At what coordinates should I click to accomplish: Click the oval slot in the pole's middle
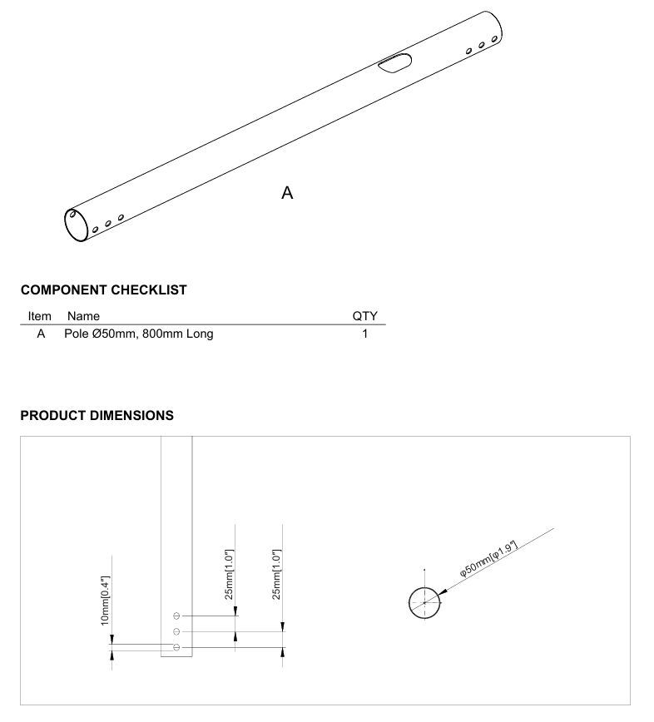394,62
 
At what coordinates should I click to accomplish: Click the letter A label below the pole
287,193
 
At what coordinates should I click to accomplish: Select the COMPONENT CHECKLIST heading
104,290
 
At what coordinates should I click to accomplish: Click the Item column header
40,316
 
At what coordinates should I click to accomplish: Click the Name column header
83,316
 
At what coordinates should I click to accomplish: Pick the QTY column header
364,316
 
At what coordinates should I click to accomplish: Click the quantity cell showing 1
364,334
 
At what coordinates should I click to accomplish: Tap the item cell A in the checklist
41,334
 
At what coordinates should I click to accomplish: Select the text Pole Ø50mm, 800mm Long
139,334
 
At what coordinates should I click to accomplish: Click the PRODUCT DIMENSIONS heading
97,416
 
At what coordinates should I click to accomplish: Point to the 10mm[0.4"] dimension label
105,601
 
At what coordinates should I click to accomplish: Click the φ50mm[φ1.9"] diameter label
488,558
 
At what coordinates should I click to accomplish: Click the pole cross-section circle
409,603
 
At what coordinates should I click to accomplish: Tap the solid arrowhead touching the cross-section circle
442,592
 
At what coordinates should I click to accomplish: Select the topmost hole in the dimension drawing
176,616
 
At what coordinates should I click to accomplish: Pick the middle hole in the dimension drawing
176,632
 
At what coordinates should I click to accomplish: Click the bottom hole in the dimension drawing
176,647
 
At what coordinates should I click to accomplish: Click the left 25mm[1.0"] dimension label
230,575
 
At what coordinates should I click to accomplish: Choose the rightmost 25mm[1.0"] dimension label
276,575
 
